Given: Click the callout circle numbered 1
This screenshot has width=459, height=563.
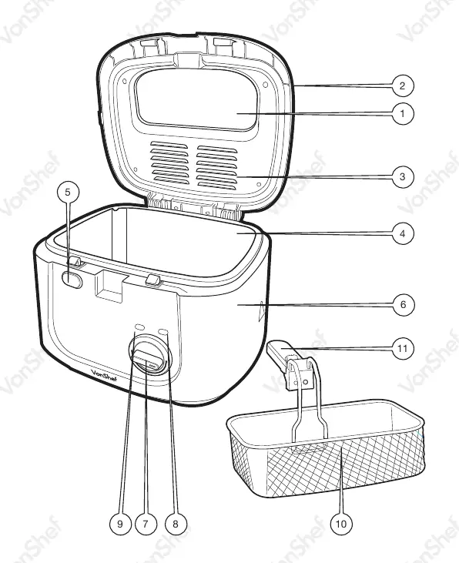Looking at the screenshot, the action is pyautogui.click(x=403, y=114).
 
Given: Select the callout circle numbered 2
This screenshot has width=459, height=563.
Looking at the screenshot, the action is pyautogui.click(x=403, y=85).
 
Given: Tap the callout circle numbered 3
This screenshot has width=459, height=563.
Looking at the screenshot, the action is pyautogui.click(x=403, y=176).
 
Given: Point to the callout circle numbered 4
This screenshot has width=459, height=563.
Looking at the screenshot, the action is pyautogui.click(x=403, y=233).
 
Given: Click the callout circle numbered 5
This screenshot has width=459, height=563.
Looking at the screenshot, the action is pyautogui.click(x=69, y=192).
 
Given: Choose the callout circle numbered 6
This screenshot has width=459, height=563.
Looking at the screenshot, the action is pyautogui.click(x=403, y=304).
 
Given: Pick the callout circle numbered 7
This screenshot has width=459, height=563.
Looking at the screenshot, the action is pyautogui.click(x=146, y=524).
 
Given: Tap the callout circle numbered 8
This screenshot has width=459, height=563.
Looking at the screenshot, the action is pyautogui.click(x=176, y=524).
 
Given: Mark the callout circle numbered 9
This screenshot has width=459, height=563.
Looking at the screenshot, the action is pyautogui.click(x=120, y=524).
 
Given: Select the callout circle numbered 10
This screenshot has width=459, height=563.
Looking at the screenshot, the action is pyautogui.click(x=341, y=524).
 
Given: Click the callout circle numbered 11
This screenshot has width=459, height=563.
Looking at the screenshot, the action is pyautogui.click(x=403, y=348).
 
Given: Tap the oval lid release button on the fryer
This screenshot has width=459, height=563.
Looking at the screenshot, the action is pyautogui.click(x=72, y=280).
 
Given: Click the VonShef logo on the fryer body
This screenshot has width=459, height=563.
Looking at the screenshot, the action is pyautogui.click(x=102, y=374).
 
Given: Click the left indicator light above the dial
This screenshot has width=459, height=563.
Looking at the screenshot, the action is pyautogui.click(x=139, y=327).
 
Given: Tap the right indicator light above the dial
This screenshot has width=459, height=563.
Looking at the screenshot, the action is pyautogui.click(x=163, y=330).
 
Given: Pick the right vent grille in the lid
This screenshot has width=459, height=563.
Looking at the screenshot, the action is pyautogui.click(x=217, y=168).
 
